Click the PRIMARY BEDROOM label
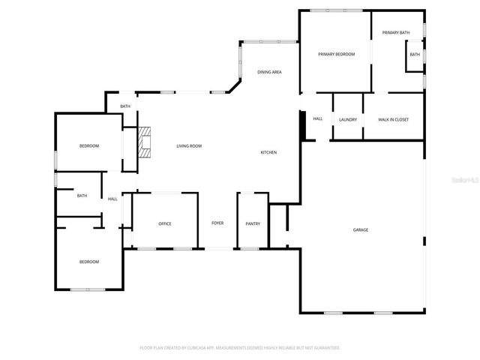coord(336,55)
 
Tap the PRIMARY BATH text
coord(396,33)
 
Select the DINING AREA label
coord(269,72)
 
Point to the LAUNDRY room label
coord(347,119)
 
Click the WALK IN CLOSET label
coord(393,119)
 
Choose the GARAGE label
coord(361,229)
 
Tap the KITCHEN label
coord(268,152)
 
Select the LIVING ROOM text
coord(189,145)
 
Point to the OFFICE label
coord(165,223)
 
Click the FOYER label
coord(217,223)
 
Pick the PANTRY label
coord(253,223)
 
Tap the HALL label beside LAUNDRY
coord(317,119)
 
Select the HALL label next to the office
coord(112,199)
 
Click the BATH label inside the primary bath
coord(414,55)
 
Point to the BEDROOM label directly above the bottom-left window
coord(89,261)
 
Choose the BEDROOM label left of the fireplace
coord(89,145)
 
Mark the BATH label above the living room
coord(125,106)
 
